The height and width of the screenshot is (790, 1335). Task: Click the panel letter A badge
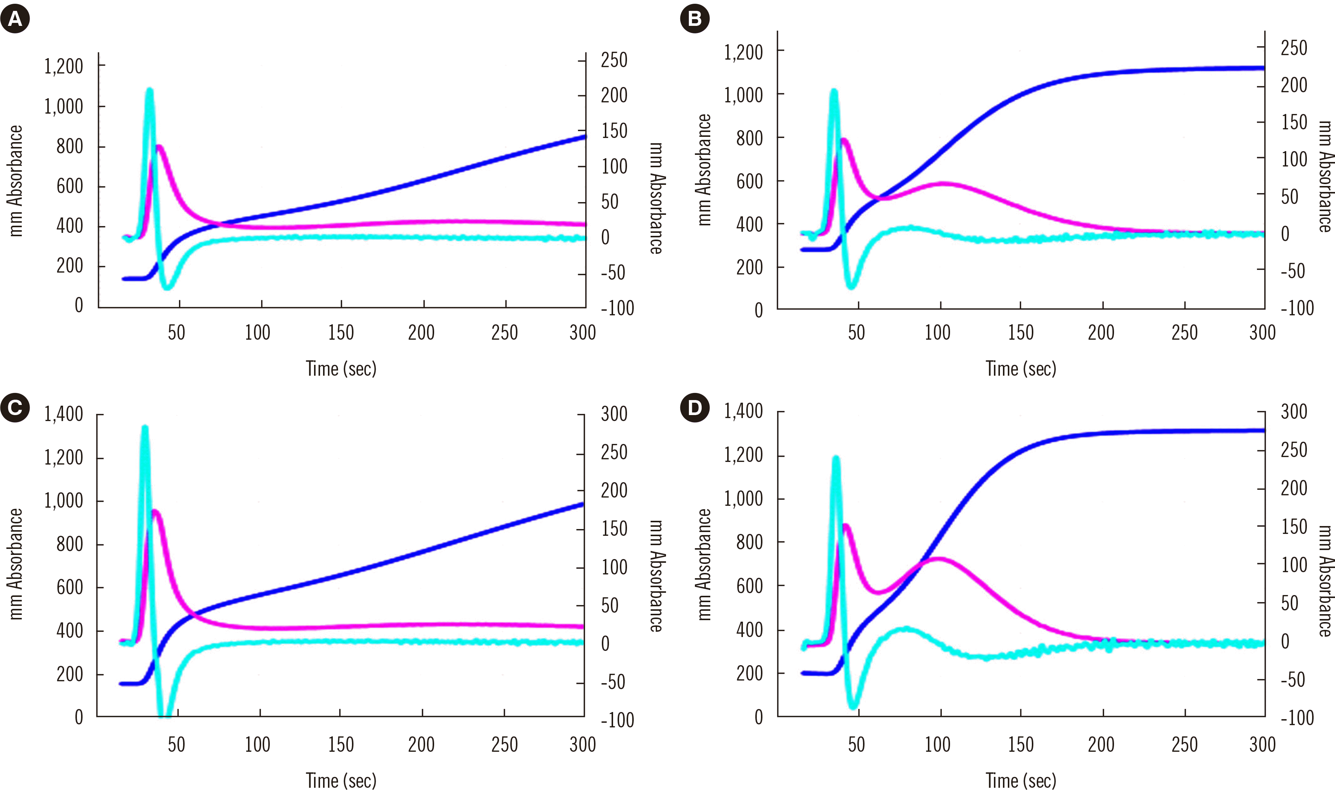[15, 19]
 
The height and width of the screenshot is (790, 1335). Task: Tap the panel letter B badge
[695, 19]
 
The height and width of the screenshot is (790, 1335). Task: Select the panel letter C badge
[15, 408]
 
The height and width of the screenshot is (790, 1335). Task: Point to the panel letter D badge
[695, 408]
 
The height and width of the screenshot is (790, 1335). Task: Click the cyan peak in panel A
[150, 90]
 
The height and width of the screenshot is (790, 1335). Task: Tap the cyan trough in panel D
[854, 706]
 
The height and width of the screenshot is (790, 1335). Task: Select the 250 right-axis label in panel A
[614, 60]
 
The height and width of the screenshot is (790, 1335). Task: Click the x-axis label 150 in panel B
[1020, 333]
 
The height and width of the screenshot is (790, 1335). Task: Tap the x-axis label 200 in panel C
[421, 744]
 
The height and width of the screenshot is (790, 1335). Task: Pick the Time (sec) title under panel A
[341, 369]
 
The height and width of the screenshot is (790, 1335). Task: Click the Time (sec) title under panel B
[1021, 369]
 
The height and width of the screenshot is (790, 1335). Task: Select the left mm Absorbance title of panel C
[16, 564]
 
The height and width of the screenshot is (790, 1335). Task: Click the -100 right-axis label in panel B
[1297, 308]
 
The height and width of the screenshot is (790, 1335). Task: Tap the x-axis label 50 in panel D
[856, 744]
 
